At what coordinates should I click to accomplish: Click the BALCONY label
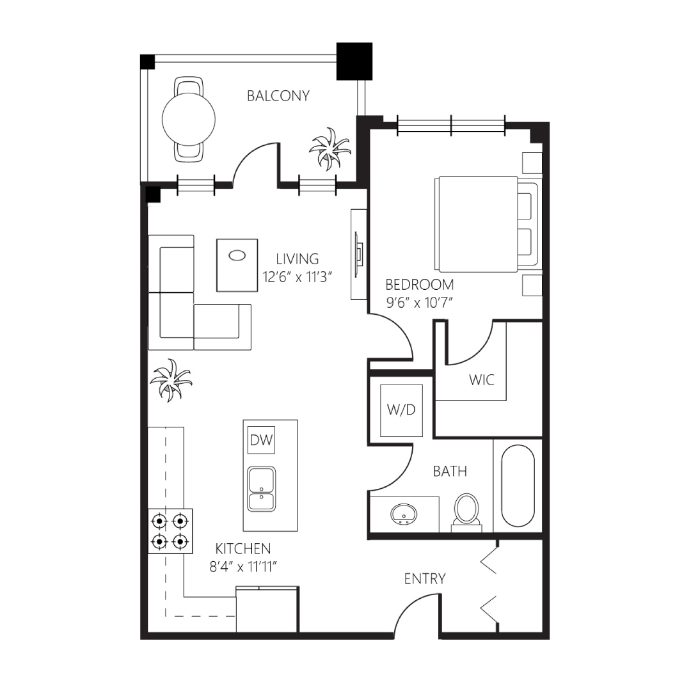[278, 95]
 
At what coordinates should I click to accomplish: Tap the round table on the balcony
[189, 119]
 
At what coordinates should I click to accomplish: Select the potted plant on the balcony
[330, 148]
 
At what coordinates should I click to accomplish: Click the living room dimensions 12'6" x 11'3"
[297, 277]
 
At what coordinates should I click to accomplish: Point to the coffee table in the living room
[237, 266]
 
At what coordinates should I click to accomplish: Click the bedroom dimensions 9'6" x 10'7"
[420, 303]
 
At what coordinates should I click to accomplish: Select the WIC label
[482, 380]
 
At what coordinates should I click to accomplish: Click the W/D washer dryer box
[401, 410]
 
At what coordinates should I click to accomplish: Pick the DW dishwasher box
[261, 440]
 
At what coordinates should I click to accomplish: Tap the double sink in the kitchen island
[261, 489]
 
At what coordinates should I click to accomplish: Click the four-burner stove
[170, 531]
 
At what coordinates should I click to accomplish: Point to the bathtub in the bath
[518, 486]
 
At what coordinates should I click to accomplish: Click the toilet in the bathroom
[466, 512]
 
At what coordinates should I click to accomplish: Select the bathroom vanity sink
[404, 514]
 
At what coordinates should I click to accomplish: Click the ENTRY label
[425, 578]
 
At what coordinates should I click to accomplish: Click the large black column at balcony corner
[354, 61]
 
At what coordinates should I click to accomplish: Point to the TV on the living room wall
[360, 255]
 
